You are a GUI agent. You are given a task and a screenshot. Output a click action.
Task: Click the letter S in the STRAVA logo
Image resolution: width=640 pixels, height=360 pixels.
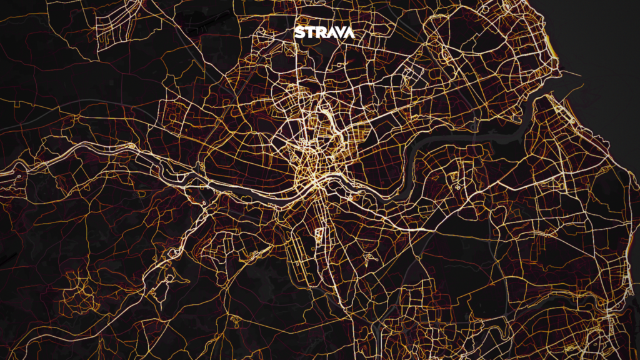(x=299, y=32)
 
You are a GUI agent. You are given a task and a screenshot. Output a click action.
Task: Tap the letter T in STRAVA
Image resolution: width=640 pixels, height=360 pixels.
(x=309, y=32)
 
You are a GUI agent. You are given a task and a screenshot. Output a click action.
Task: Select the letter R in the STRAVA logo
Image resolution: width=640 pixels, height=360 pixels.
(x=319, y=32)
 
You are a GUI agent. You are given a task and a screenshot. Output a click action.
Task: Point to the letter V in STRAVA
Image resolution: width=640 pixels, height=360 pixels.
(x=339, y=32)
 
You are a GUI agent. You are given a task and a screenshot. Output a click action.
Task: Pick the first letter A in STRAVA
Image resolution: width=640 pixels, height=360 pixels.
(x=329, y=32)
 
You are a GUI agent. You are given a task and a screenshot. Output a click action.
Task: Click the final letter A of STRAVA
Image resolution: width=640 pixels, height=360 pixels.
(x=349, y=32)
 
